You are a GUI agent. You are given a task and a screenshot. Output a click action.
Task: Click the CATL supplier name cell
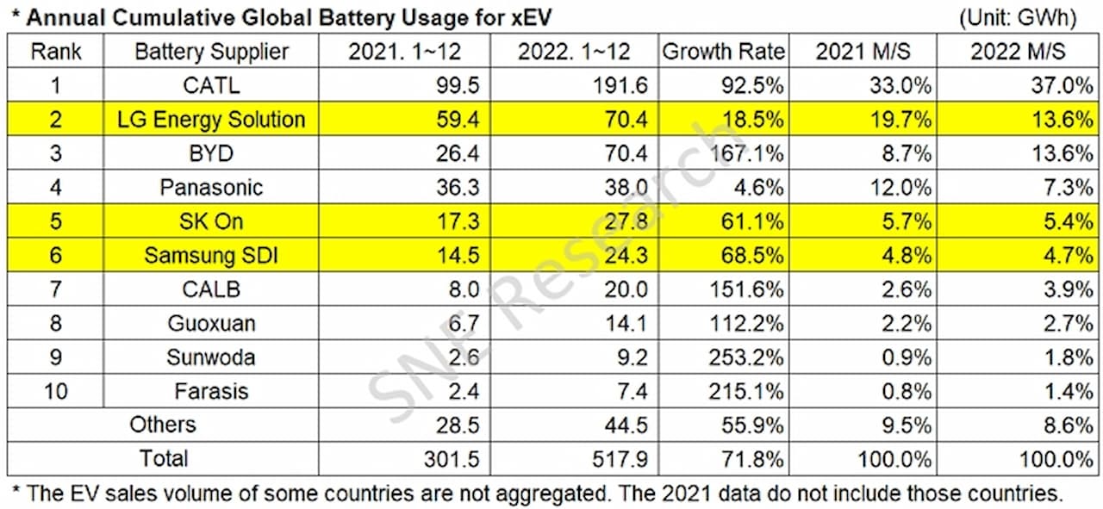tap(210, 85)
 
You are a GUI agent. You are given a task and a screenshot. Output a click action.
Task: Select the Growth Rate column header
tap(723, 52)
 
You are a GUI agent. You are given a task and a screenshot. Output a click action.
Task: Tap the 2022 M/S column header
tap(1018, 52)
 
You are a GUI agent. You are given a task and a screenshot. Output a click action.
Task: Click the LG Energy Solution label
tap(211, 120)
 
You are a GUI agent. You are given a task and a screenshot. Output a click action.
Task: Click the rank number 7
tap(55, 289)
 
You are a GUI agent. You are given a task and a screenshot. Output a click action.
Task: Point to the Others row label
tap(163, 425)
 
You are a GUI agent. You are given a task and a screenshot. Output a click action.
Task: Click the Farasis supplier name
tap(210, 391)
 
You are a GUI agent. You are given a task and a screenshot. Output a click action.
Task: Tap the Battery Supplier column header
tap(211, 52)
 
